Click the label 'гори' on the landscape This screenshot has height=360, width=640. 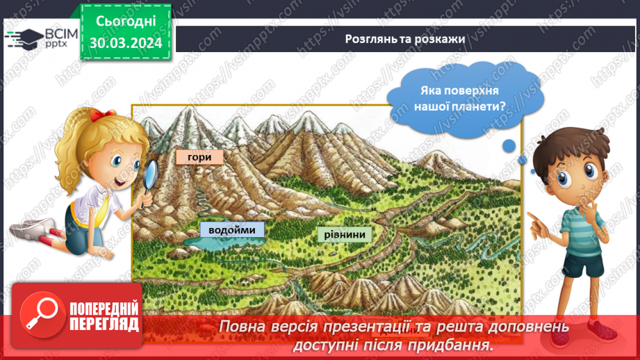pyautogui.click(x=199, y=157)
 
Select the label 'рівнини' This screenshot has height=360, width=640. pyautogui.click(x=344, y=234)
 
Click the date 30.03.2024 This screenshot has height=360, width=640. pyautogui.click(x=125, y=44)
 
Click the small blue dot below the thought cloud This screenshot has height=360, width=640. pyautogui.click(x=509, y=145)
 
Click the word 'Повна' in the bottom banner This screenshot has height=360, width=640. pyautogui.click(x=240, y=327)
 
